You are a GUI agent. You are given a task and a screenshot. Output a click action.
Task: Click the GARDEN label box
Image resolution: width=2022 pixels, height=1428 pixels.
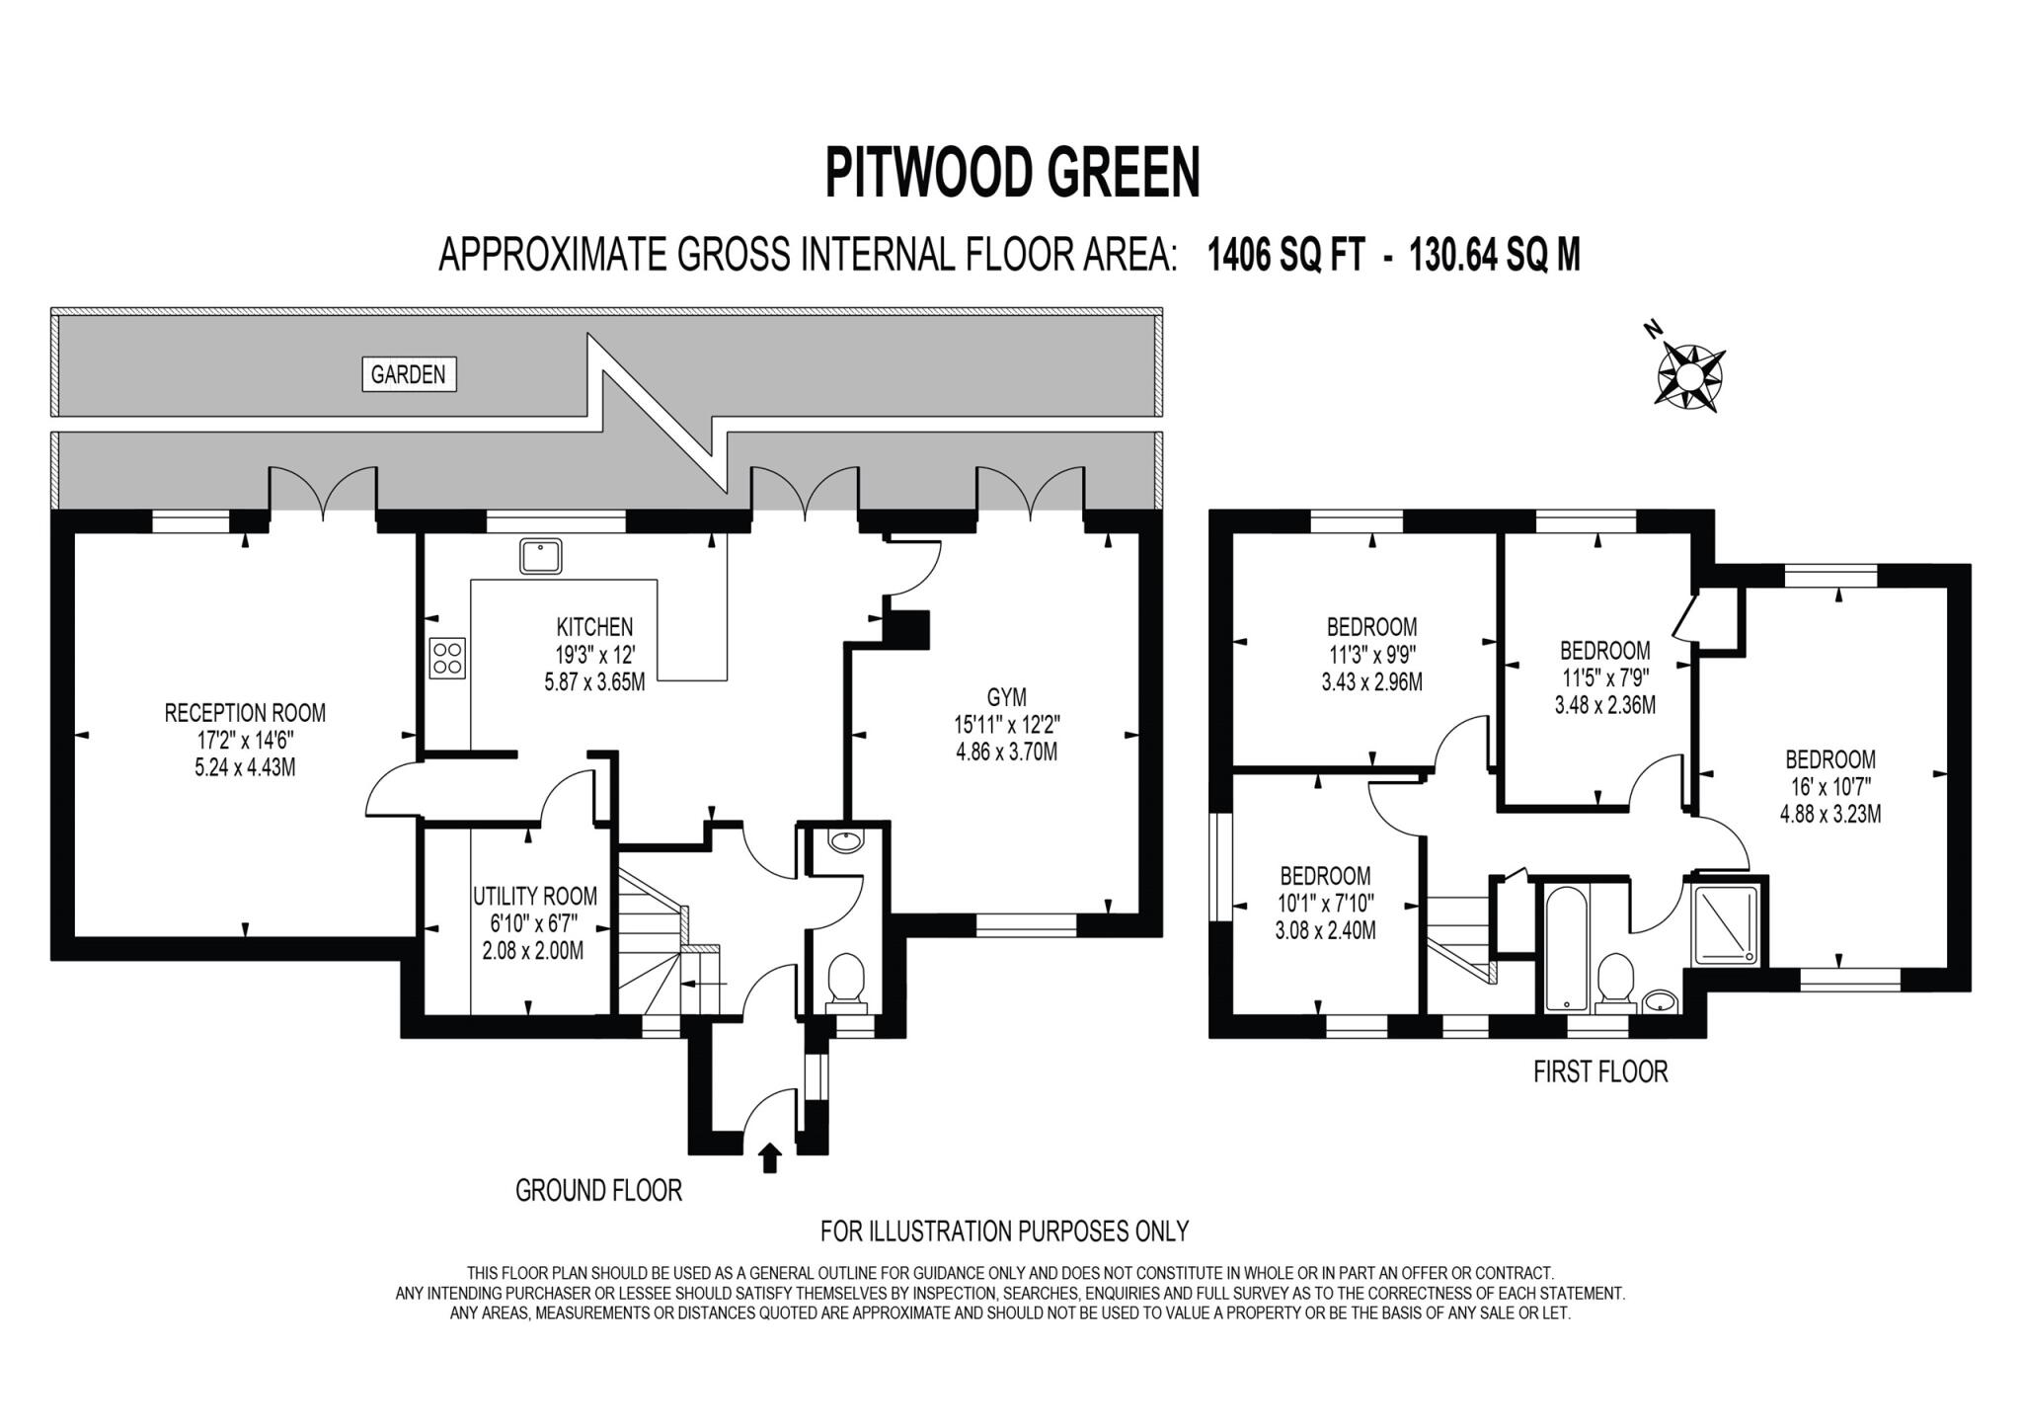409,374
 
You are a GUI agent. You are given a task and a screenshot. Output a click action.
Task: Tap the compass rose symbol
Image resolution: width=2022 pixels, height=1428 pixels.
1689,374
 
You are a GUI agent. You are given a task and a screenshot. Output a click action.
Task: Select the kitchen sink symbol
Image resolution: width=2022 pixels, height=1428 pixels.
540,556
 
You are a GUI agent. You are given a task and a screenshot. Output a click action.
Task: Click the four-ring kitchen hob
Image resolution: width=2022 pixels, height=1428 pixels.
447,659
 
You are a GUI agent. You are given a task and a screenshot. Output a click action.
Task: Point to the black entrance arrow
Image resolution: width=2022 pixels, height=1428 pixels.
770,1156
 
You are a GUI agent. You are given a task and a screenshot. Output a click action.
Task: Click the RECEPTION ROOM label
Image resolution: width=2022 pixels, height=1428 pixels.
245,712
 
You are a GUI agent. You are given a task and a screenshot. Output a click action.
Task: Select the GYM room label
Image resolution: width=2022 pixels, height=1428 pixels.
1006,698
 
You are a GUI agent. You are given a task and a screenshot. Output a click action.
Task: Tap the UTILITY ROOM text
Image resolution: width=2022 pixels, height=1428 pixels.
534,896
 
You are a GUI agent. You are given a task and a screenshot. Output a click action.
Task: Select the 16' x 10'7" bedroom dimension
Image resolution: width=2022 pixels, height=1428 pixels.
1829,787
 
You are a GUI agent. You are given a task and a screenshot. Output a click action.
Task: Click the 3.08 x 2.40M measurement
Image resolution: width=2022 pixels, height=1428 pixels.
1325,929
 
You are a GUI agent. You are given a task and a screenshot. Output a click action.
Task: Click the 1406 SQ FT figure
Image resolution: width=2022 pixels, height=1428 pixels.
1286,255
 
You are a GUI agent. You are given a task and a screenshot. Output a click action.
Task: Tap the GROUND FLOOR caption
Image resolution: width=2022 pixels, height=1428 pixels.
598,1190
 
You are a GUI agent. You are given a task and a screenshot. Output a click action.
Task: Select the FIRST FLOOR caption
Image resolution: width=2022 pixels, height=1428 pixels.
1599,1071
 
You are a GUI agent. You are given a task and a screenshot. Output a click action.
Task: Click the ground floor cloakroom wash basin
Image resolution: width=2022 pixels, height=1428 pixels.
846,841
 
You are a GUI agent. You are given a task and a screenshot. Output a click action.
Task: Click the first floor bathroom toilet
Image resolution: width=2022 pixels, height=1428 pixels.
1616,981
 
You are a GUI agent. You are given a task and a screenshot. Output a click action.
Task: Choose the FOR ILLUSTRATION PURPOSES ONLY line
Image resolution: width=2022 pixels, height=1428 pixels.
1004,1230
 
